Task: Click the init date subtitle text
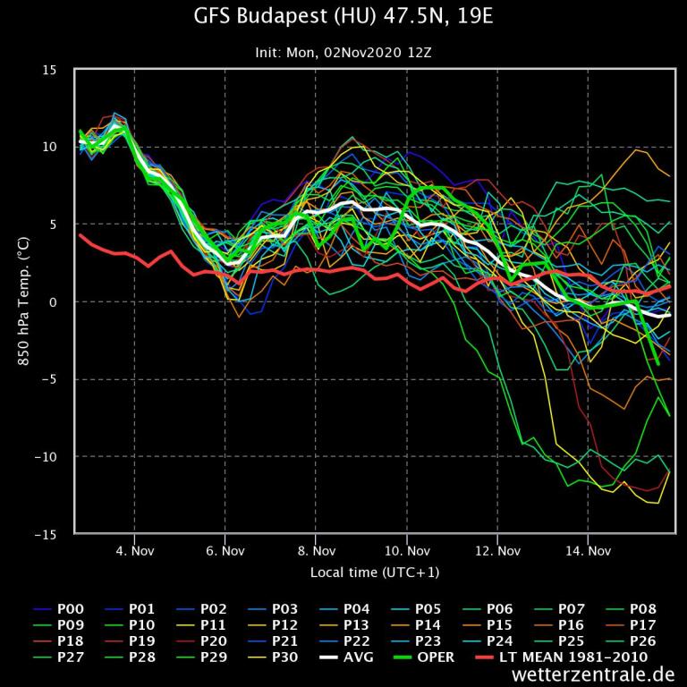click(x=343, y=53)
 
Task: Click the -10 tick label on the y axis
click(x=47, y=456)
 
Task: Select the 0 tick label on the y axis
click(x=55, y=301)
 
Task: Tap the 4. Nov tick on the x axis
click(x=134, y=550)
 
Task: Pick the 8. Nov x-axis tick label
click(x=316, y=550)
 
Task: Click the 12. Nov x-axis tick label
click(x=497, y=550)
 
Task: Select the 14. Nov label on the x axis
click(x=589, y=550)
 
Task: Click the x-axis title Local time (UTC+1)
click(x=375, y=572)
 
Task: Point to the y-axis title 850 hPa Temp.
click(x=23, y=301)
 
